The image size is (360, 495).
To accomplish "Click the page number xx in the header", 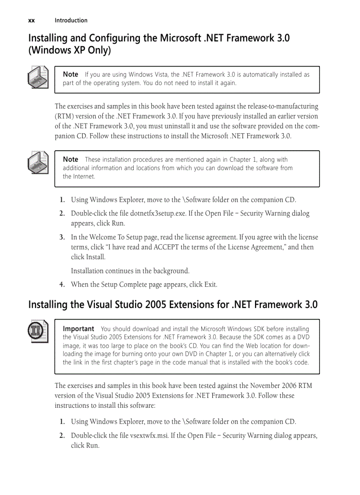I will tap(31, 20).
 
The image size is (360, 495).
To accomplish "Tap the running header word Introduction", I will tap(71, 20).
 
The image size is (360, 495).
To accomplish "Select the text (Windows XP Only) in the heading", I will tap(69, 51).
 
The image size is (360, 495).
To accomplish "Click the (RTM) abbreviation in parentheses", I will tap(64, 116).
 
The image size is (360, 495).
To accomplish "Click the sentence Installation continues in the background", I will tap(130, 271).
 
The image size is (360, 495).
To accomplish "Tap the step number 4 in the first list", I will tap(62, 284).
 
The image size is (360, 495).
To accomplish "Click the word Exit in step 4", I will tap(210, 284).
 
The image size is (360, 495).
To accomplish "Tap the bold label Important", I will tap(79, 329).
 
